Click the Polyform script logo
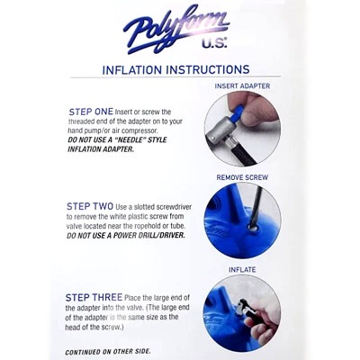(x=176, y=29)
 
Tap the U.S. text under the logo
(x=214, y=43)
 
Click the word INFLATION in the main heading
(x=132, y=70)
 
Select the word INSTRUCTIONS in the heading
(x=208, y=69)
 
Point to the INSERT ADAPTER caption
(x=242, y=86)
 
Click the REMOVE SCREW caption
(x=242, y=177)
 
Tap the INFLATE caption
(x=242, y=270)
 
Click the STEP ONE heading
(x=91, y=112)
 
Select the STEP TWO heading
(x=90, y=206)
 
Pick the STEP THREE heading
(x=94, y=298)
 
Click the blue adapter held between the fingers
(x=237, y=112)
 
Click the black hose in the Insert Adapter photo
(x=244, y=153)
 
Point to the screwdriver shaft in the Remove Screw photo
(x=256, y=207)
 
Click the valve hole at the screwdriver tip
(x=253, y=229)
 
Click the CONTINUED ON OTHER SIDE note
(x=108, y=352)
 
